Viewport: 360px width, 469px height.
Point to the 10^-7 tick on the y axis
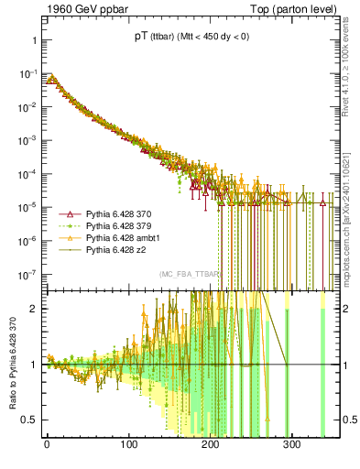coord(26,274)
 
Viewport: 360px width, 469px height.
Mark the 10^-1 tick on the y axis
coord(26,74)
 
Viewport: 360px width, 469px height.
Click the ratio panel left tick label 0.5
coord(27,420)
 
